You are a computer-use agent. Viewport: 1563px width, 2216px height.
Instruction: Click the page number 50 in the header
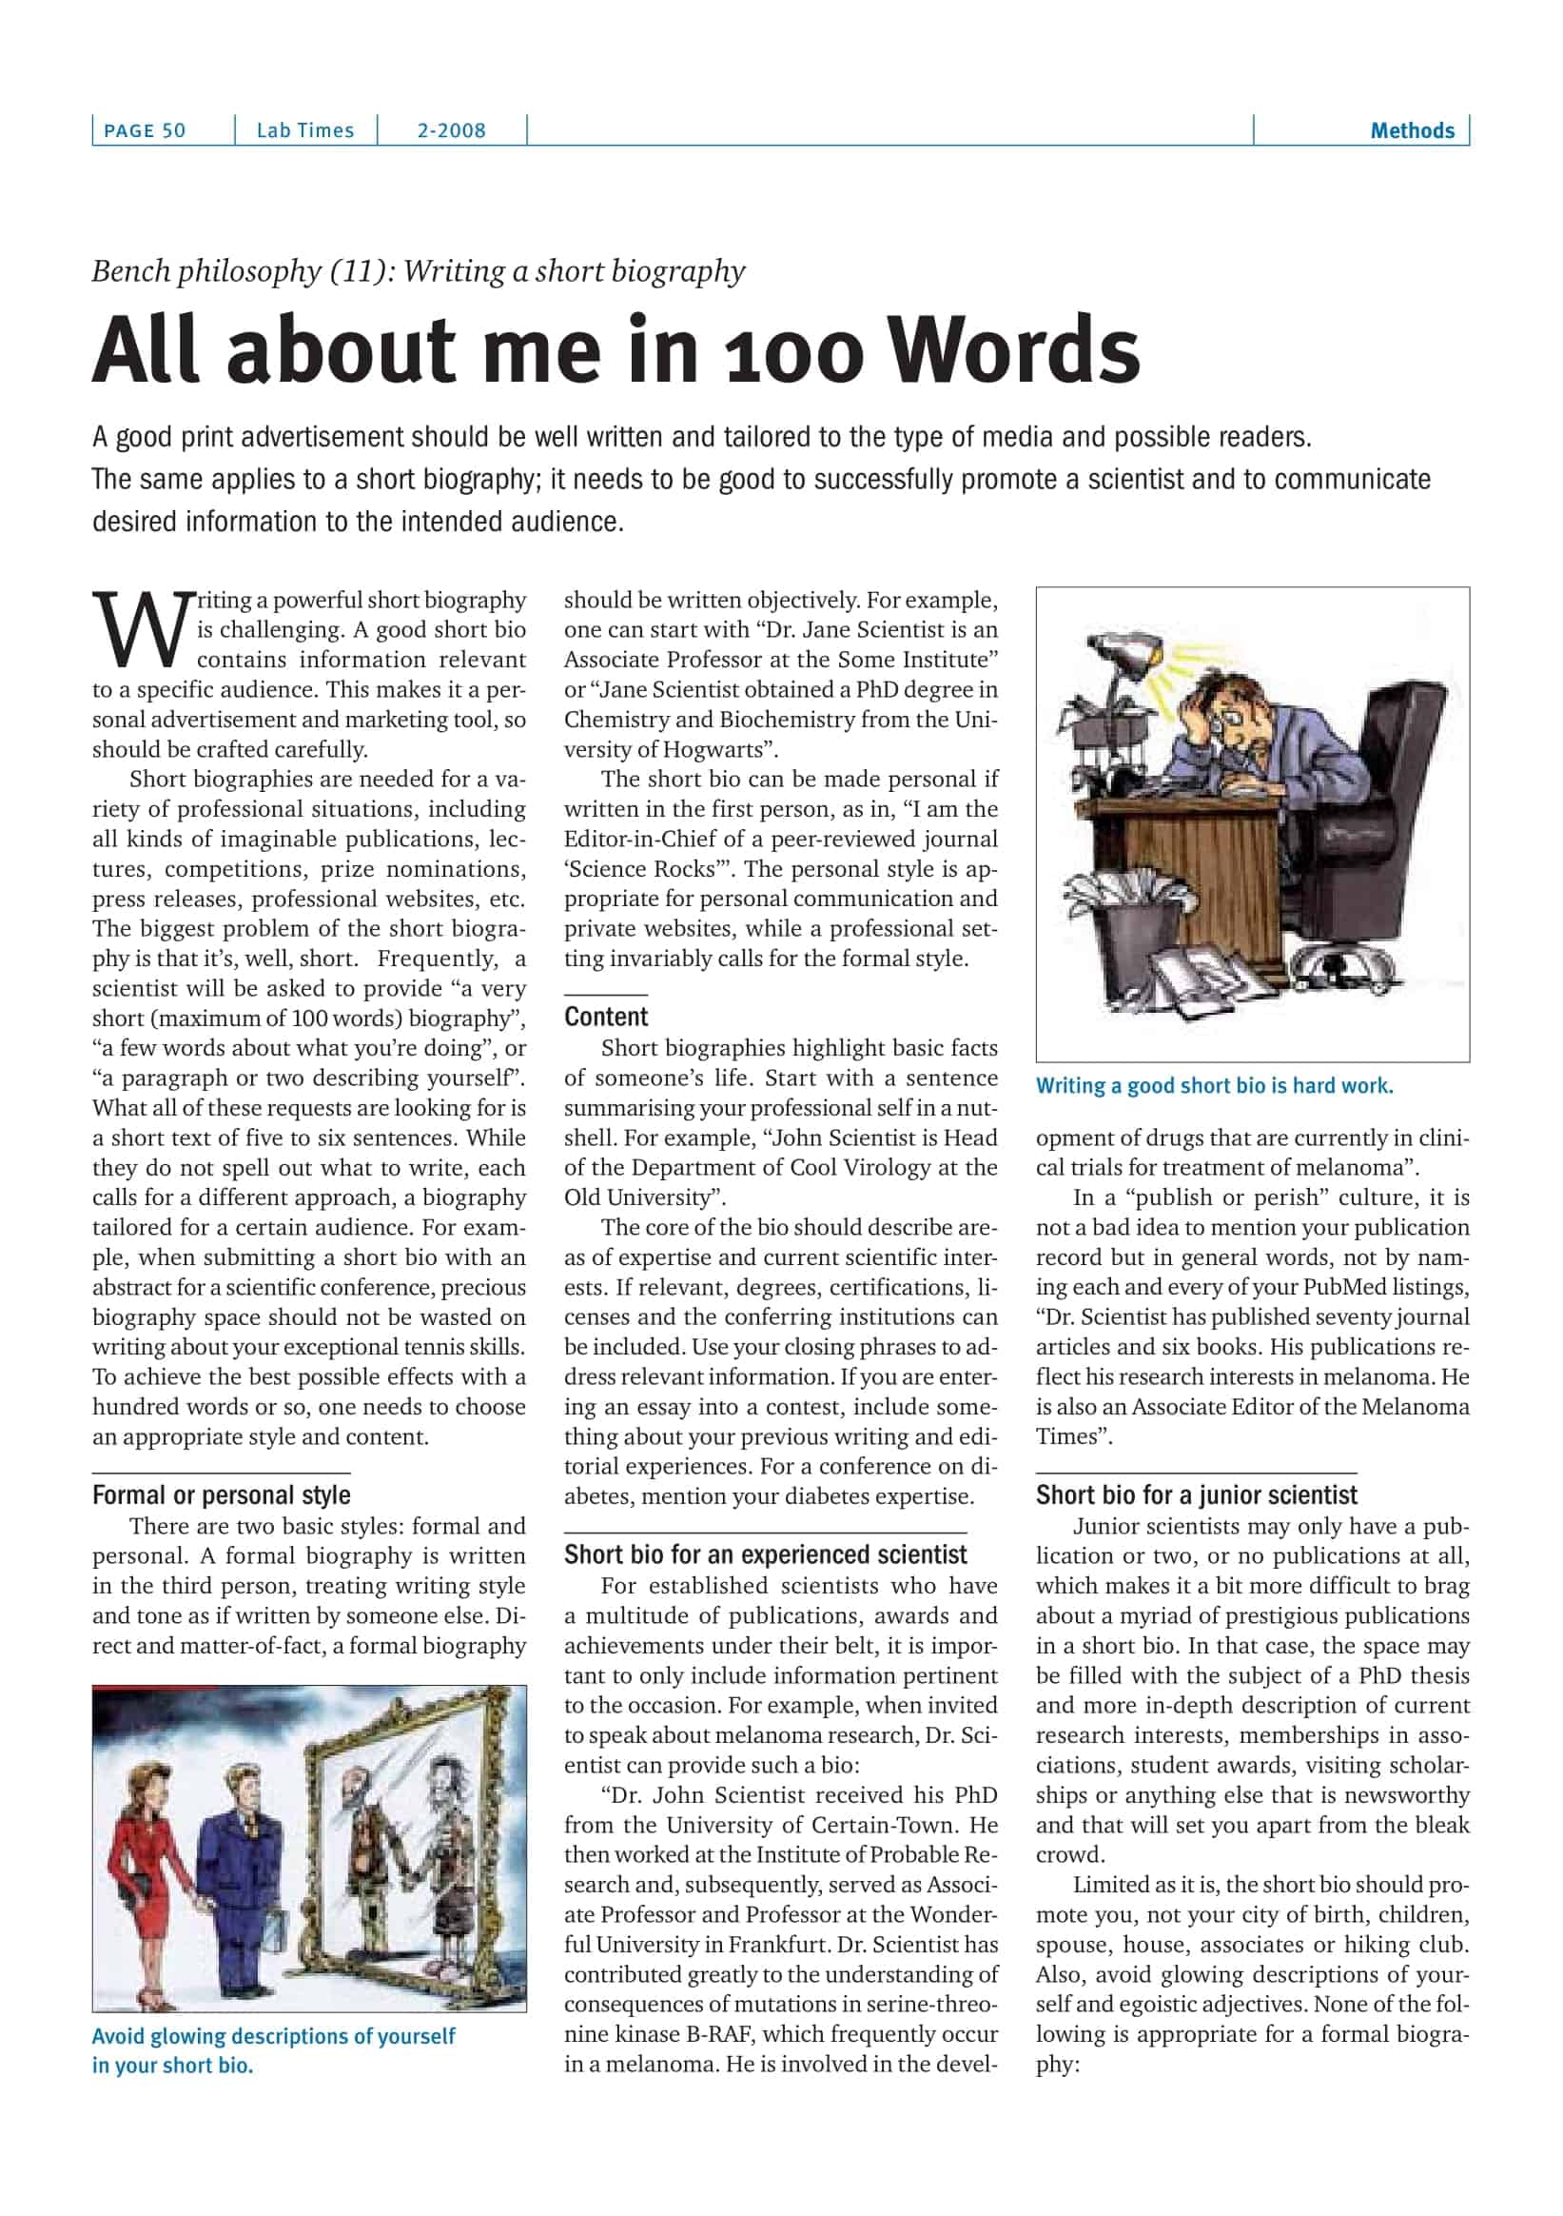click(174, 131)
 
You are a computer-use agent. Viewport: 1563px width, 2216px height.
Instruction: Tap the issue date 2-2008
click(451, 131)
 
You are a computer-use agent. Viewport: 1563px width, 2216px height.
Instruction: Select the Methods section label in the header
click(1412, 131)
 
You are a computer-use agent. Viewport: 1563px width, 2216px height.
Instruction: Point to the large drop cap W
click(141, 630)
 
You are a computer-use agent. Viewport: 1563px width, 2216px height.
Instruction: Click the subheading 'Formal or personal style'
click(221, 1495)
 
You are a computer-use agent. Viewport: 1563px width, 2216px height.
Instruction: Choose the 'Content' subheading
click(606, 1017)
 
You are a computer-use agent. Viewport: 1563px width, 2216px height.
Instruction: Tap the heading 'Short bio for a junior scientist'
click(1196, 1495)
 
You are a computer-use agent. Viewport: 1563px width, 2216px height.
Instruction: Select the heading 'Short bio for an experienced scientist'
click(765, 1554)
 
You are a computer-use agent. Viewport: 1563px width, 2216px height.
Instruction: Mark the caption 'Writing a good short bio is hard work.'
click(1214, 1086)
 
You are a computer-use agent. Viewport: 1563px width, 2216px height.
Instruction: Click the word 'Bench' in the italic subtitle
click(131, 272)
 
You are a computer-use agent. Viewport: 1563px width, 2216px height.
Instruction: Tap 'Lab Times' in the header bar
click(304, 131)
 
